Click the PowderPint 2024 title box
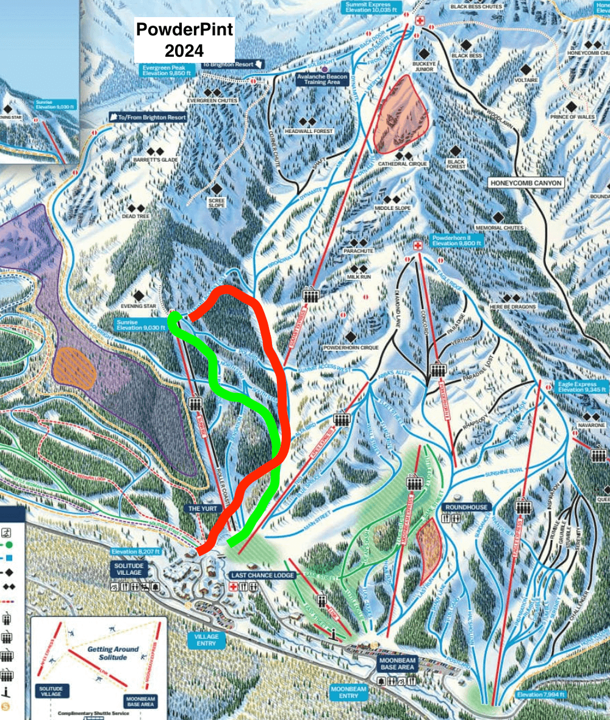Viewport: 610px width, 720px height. pyautogui.click(x=184, y=40)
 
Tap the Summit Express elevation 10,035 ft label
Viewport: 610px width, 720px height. pyautogui.click(x=373, y=7)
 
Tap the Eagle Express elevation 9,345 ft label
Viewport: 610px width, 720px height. pyautogui.click(x=582, y=386)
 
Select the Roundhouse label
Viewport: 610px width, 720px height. pyautogui.click(x=466, y=506)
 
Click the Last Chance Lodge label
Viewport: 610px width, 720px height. pyautogui.click(x=262, y=575)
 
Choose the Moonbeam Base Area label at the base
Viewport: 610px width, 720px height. pyautogui.click(x=397, y=664)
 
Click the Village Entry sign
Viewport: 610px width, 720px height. pyautogui.click(x=206, y=639)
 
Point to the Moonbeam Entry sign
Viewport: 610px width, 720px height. pyautogui.click(x=349, y=691)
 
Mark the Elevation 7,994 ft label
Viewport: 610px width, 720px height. pyautogui.click(x=540, y=694)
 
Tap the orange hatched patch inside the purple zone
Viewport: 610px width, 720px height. pyautogui.click(x=73, y=368)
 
